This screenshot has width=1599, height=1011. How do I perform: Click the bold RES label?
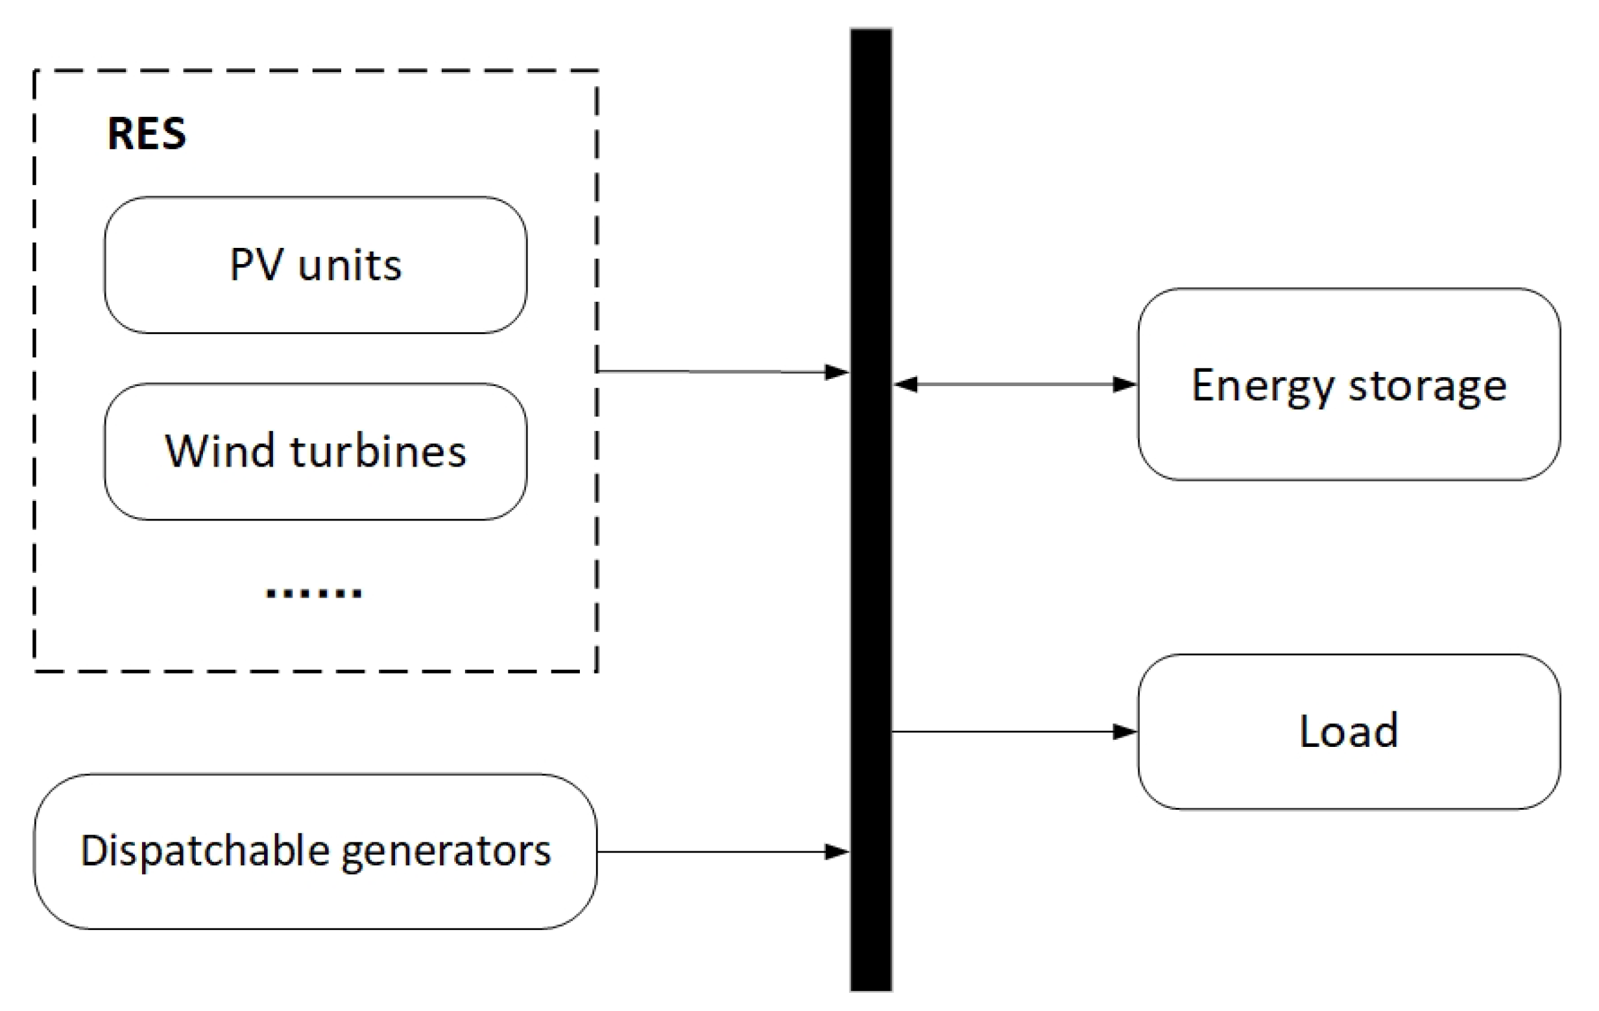pyautogui.click(x=146, y=134)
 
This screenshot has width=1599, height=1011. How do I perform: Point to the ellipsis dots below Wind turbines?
pyautogui.click(x=313, y=592)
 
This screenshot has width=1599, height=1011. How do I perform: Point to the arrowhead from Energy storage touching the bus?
pyautogui.click(x=905, y=384)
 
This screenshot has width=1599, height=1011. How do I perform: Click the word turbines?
pyautogui.click(x=378, y=452)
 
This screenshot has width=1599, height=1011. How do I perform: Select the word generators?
pyautogui.click(x=446, y=851)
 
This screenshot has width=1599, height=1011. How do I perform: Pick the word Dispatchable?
pyautogui.click(x=205, y=851)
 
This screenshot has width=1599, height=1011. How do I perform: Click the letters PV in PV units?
pyautogui.click(x=256, y=265)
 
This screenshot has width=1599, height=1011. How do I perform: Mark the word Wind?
pyautogui.click(x=220, y=452)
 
